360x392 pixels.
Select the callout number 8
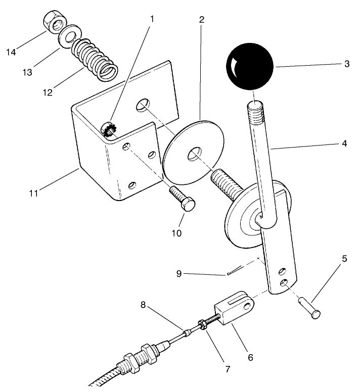[x=144, y=305]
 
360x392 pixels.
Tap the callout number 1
[x=151, y=20]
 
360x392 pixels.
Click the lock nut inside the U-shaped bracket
[x=108, y=131]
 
